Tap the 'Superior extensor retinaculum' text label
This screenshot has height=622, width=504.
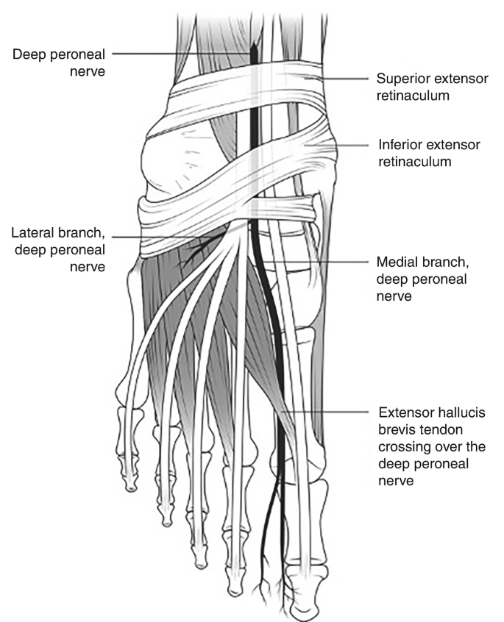[x=433, y=86]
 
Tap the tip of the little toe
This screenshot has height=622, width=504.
[x=130, y=486]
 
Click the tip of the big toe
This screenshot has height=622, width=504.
[x=304, y=612]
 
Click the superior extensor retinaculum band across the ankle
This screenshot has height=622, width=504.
[x=243, y=85]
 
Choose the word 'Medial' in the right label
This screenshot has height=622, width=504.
[x=396, y=262]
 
